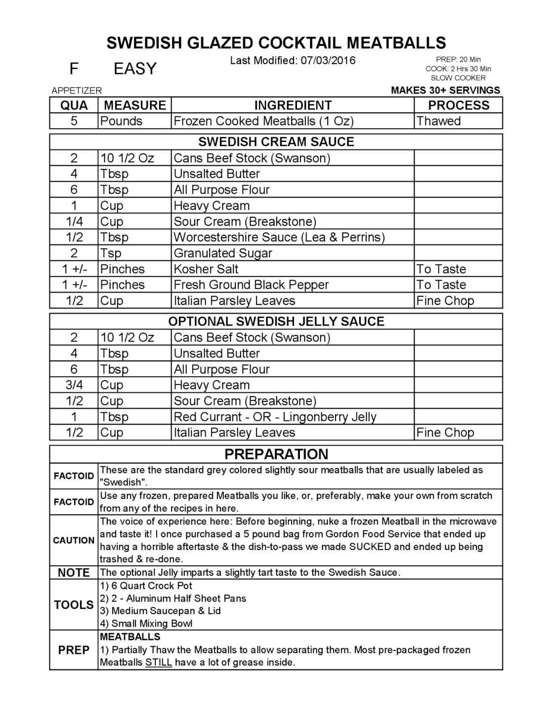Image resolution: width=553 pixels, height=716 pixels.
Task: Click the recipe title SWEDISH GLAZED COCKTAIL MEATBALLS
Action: click(276, 43)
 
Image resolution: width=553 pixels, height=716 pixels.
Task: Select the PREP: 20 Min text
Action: click(458, 60)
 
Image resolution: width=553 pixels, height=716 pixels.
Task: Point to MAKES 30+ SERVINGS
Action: click(445, 90)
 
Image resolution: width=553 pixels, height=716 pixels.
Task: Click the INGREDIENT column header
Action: click(293, 105)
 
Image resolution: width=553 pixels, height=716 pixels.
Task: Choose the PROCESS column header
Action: click(458, 105)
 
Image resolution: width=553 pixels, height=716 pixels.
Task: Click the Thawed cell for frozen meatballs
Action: click(438, 121)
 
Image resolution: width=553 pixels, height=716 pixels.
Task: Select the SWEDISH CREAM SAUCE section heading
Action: click(276, 142)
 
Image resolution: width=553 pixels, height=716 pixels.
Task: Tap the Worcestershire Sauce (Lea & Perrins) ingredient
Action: click(279, 237)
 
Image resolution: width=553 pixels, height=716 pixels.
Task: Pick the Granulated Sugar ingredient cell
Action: click(223, 253)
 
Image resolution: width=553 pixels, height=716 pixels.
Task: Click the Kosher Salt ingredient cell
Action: click(206, 269)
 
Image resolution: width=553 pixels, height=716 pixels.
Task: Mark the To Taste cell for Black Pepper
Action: click(441, 285)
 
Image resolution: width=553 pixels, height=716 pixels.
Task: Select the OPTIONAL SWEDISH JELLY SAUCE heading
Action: click(276, 321)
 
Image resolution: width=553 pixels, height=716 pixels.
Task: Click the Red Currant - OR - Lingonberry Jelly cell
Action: click(275, 417)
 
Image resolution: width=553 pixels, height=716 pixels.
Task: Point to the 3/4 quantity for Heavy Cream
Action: click(74, 385)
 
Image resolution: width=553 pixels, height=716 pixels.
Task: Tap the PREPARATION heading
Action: click(276, 454)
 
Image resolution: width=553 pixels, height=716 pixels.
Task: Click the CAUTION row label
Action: click(74, 540)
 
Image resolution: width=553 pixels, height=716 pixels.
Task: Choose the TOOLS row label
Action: click(74, 605)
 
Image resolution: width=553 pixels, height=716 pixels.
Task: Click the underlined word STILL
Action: click(159, 663)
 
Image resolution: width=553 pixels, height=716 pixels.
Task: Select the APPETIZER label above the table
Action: click(77, 90)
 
